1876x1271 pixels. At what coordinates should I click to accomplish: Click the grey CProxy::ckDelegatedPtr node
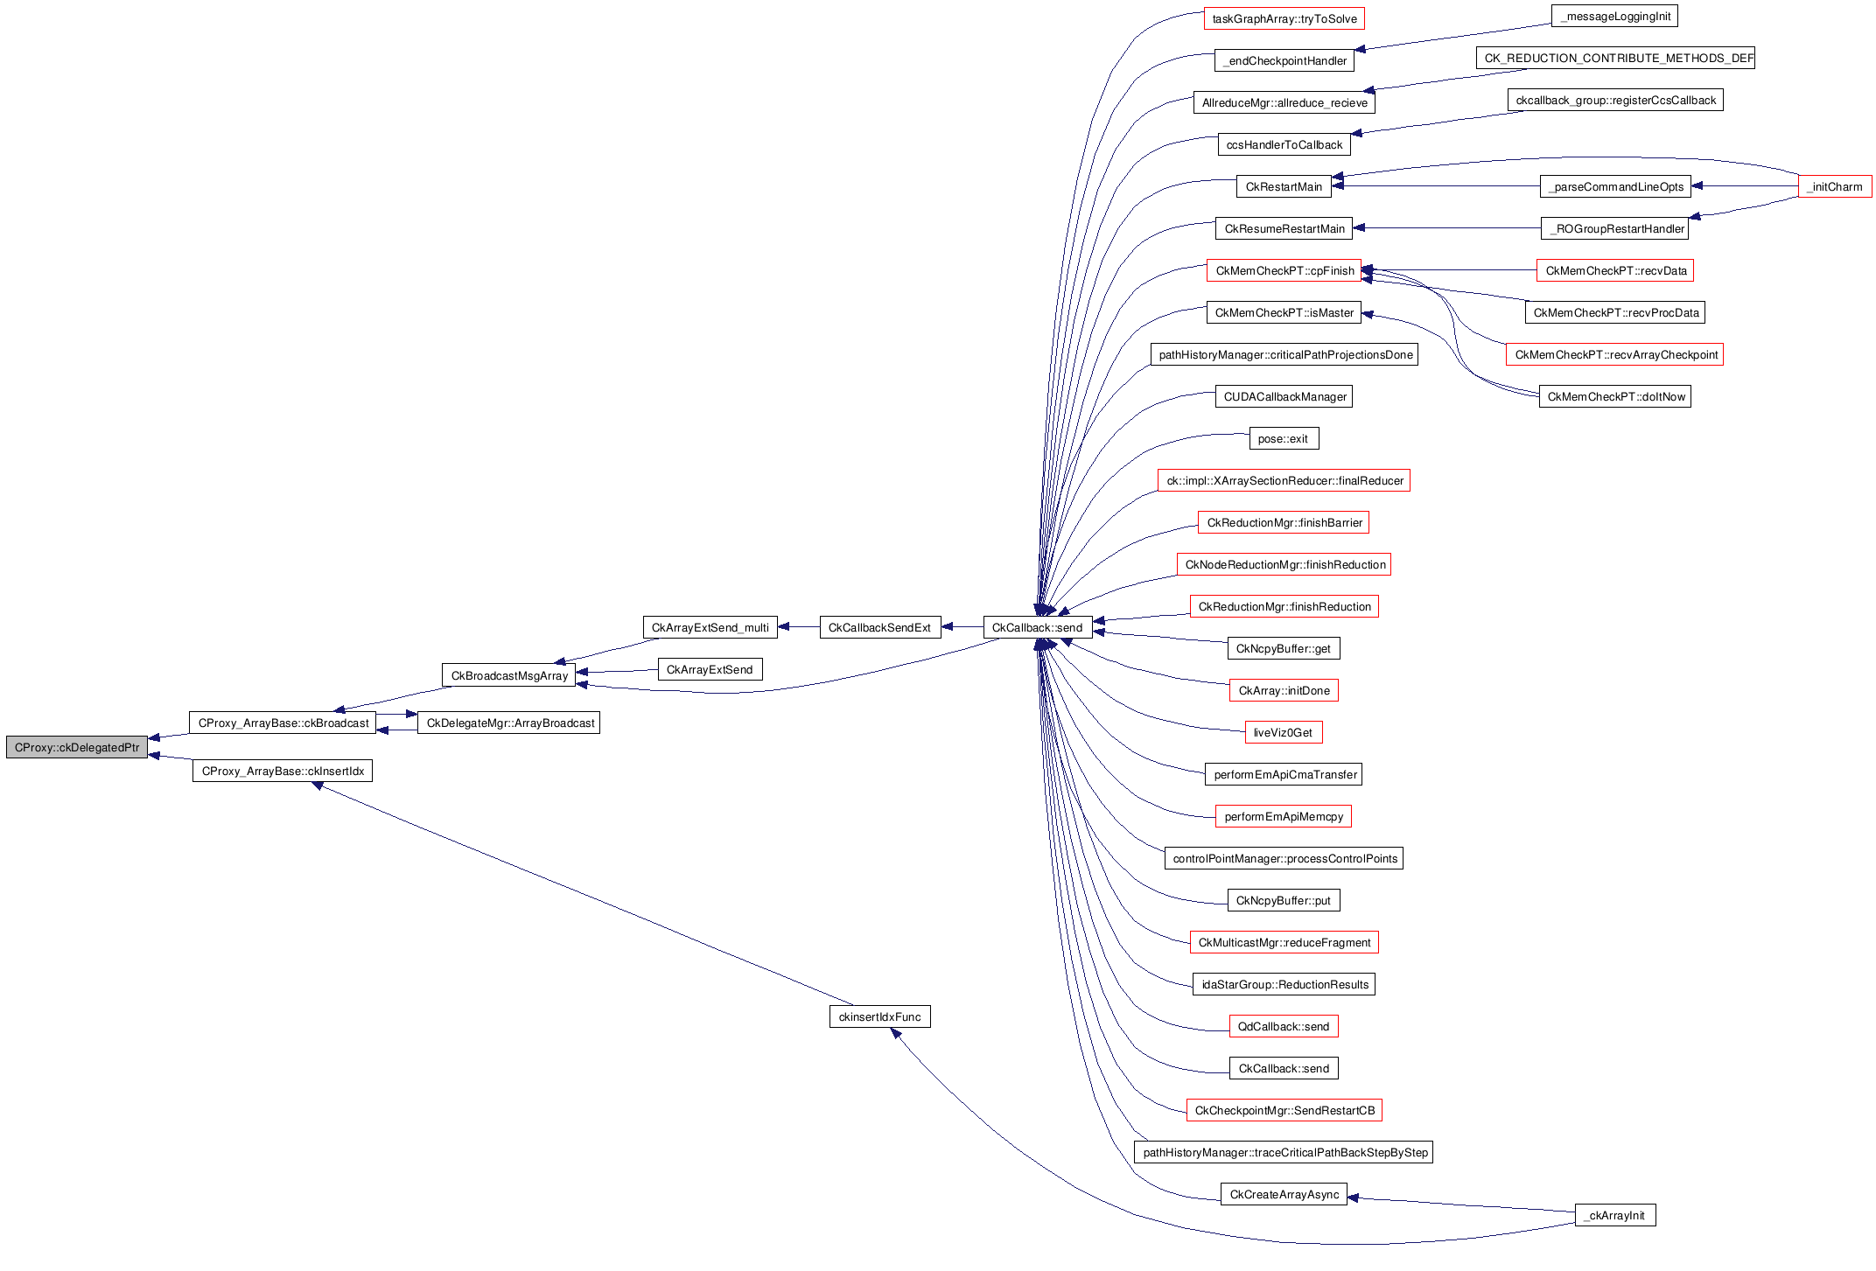[x=77, y=748]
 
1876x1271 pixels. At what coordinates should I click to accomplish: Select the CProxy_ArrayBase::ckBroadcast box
[x=283, y=723]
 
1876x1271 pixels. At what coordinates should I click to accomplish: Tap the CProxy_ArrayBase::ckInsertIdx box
[x=283, y=772]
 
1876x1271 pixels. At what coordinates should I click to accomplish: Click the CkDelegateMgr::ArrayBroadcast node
[x=509, y=723]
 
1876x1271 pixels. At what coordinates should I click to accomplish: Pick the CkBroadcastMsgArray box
[x=509, y=676]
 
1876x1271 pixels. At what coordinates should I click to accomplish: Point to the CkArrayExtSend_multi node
[x=710, y=628]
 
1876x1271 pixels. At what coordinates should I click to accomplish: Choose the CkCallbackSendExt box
[x=879, y=628]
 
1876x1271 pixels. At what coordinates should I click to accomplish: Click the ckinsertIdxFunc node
[x=879, y=1017]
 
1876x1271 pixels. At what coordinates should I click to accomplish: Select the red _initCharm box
[x=1835, y=187]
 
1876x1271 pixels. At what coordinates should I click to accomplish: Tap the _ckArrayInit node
[x=1615, y=1216]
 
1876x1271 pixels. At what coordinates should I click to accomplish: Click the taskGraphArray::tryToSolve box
[x=1284, y=19]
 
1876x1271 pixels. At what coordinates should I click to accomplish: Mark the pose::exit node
[x=1283, y=439]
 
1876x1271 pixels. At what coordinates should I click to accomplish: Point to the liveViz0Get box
[x=1283, y=733]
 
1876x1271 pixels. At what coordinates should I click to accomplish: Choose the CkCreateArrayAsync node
[x=1284, y=1195]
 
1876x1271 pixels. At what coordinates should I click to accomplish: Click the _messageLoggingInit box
[x=1615, y=17]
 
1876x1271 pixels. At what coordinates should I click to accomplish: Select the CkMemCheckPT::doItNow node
[x=1615, y=397]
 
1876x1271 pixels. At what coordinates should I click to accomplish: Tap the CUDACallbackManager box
[x=1284, y=397]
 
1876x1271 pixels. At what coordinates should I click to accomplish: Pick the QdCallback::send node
[x=1283, y=1027]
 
